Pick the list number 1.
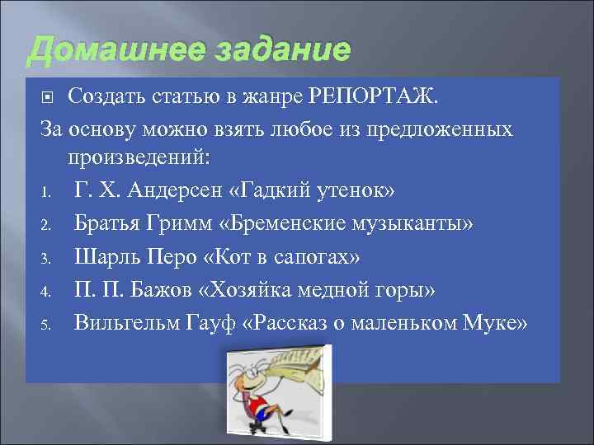[x=48, y=192]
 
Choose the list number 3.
[x=48, y=258]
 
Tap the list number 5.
[x=48, y=324]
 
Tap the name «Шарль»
[x=105, y=256]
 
